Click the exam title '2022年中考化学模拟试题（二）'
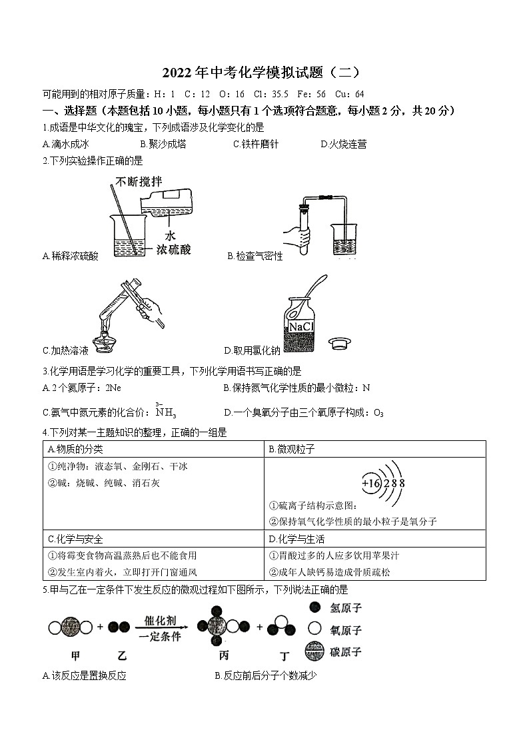pos(264,73)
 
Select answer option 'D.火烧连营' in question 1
pos(343,144)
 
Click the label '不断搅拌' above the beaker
pos(139,182)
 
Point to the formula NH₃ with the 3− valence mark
pos(165,411)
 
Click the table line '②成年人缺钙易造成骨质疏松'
pos(329,571)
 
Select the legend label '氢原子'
pos(345,607)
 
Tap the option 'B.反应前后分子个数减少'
pos(265,676)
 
